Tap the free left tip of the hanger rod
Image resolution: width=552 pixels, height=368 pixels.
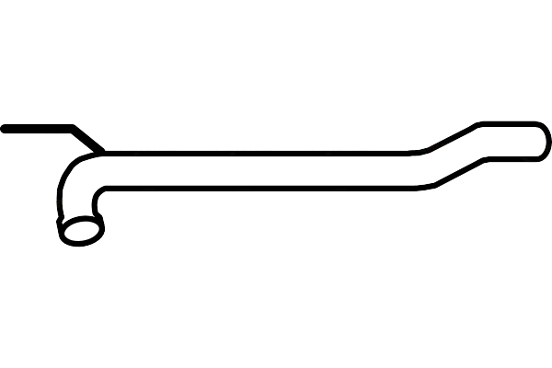(5, 128)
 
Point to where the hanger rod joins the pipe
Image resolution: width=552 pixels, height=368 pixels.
(101, 151)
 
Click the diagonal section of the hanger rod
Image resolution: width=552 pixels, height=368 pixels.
(87, 139)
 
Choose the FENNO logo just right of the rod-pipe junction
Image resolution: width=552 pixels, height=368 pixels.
(148, 144)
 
